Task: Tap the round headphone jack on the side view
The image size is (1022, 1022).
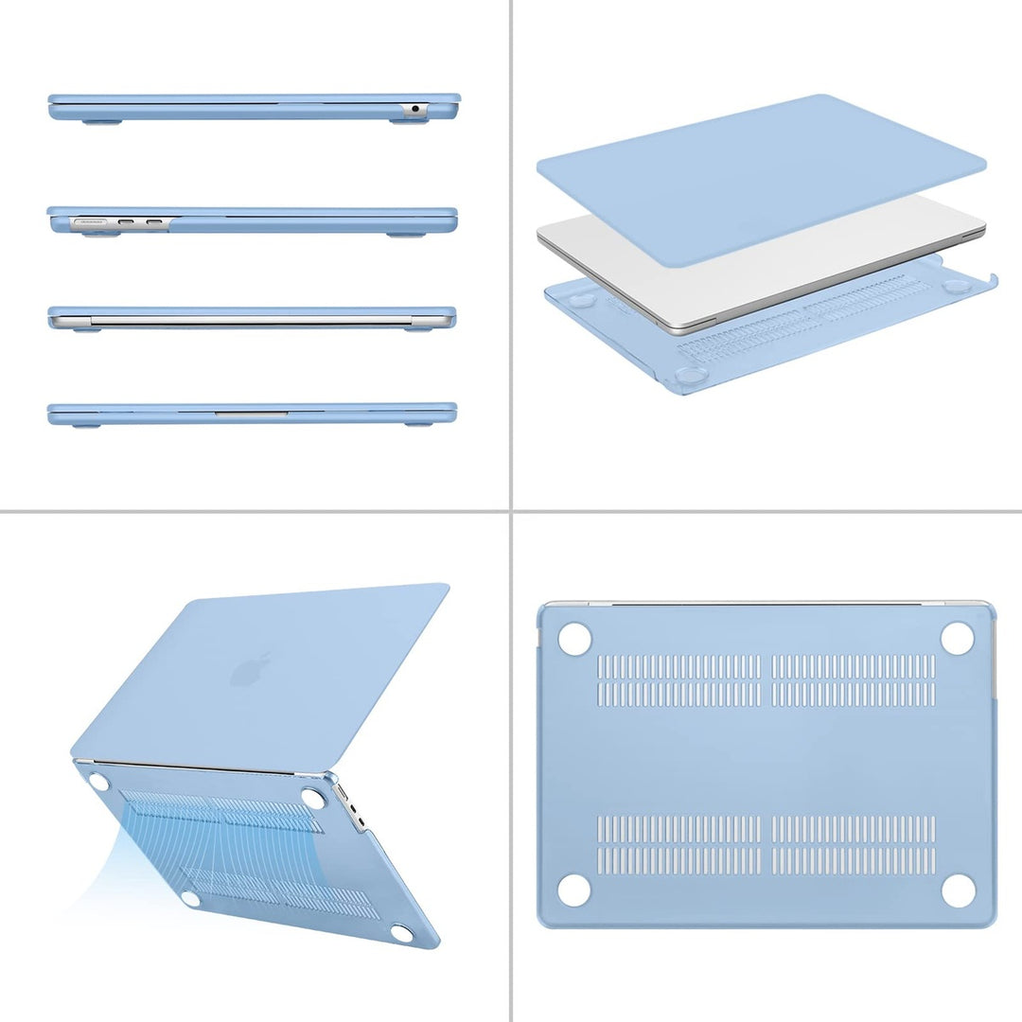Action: tap(414, 109)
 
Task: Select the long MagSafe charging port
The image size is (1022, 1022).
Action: tap(91, 224)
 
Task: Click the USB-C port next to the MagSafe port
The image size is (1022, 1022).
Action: tap(126, 224)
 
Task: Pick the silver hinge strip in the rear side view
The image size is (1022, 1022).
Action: tap(251, 322)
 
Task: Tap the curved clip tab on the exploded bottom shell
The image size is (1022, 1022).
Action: tap(992, 280)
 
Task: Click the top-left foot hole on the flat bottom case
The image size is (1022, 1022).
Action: tap(574, 639)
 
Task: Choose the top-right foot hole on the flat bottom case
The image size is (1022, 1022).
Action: tap(958, 639)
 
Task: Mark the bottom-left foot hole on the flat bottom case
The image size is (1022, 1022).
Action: tap(574, 890)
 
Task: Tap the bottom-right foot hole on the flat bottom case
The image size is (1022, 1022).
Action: tap(958, 890)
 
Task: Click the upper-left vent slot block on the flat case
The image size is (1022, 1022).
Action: tap(678, 679)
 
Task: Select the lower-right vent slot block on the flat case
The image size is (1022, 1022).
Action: tap(853, 844)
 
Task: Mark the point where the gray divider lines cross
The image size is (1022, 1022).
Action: tap(511, 512)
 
